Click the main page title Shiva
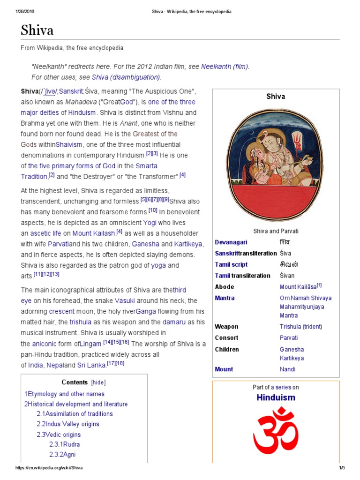[x=37, y=30]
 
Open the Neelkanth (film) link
[x=225, y=67]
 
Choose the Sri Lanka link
[x=92, y=365]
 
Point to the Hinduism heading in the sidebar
[x=276, y=397]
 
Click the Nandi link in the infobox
[x=287, y=369]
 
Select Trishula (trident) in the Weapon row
[x=300, y=327]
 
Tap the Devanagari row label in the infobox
[x=231, y=242]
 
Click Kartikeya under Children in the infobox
[x=292, y=358]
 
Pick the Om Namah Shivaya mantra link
[x=305, y=298]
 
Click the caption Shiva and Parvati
[x=276, y=231]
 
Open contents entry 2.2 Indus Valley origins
[x=68, y=424]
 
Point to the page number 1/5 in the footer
[x=342, y=468]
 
